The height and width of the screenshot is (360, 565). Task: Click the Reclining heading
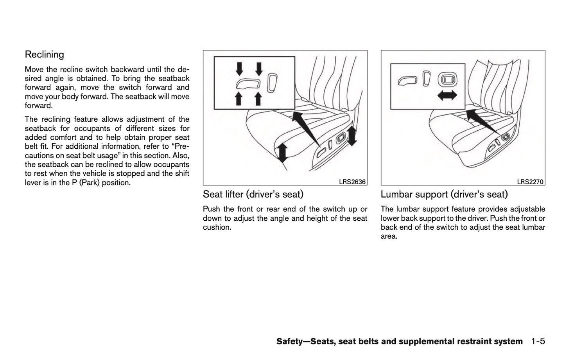click(x=44, y=54)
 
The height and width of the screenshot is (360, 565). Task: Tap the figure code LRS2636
click(x=352, y=182)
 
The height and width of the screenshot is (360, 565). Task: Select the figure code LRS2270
click(x=530, y=182)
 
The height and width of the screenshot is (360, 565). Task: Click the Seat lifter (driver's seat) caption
click(x=253, y=194)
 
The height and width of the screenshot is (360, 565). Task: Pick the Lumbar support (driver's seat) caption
click(x=444, y=194)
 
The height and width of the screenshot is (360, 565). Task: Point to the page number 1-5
click(x=538, y=341)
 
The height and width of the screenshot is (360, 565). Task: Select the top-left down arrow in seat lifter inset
click(x=239, y=69)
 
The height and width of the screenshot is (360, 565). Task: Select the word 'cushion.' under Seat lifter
click(x=217, y=227)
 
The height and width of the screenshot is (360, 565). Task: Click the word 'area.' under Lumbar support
click(x=389, y=236)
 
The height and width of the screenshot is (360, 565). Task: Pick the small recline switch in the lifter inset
click(x=273, y=81)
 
